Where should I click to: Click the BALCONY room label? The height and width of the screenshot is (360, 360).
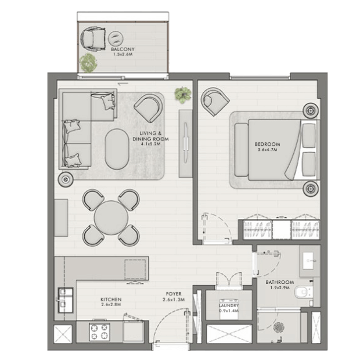pyautogui.click(x=123, y=49)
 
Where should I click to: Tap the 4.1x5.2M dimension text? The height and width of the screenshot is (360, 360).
pyautogui.click(x=150, y=144)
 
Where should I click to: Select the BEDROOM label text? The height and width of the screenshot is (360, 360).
pyautogui.click(x=267, y=144)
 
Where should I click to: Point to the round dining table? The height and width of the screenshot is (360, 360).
pyautogui.click(x=111, y=218)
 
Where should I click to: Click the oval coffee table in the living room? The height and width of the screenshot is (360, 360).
pyautogui.click(x=117, y=149)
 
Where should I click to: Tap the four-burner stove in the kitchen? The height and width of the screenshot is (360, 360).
pyautogui.click(x=100, y=332)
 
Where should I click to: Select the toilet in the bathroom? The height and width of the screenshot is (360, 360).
pyautogui.click(x=304, y=292)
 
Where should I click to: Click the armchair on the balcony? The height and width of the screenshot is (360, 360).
pyautogui.click(x=92, y=39)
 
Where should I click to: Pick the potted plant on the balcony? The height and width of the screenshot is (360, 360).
pyautogui.click(x=88, y=63)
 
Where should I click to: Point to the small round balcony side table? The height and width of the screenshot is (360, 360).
pyautogui.click(x=116, y=38)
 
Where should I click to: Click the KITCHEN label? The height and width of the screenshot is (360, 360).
pyautogui.click(x=111, y=300)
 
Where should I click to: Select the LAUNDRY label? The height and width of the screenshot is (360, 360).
pyautogui.click(x=229, y=305)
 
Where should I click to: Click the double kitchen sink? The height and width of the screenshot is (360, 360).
pyautogui.click(x=66, y=300)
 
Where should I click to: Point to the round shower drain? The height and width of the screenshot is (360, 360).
pyautogui.click(x=279, y=327)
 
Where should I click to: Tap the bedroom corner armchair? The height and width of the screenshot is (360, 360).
pyautogui.click(x=214, y=101)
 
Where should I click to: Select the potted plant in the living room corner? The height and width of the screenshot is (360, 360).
pyautogui.click(x=183, y=95)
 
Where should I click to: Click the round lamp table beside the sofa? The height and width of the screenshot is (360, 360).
pyautogui.click(x=66, y=179)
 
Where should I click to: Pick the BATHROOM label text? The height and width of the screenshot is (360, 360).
pyautogui.click(x=280, y=282)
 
